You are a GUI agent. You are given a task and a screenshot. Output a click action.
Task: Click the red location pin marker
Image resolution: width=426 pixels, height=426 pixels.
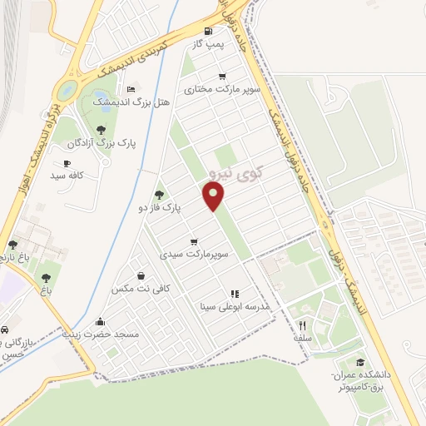[x=215, y=196]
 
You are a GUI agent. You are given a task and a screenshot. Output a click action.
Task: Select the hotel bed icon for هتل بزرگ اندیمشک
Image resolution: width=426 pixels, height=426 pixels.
[x=131, y=88]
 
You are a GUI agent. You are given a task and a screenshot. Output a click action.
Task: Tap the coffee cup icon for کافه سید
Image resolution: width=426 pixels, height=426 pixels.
[x=67, y=164]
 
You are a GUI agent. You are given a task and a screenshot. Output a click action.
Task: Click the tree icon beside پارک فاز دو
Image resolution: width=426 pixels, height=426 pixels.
[x=159, y=194]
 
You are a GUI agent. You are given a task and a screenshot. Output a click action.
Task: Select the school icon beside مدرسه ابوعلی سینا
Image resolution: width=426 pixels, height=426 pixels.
[x=234, y=294]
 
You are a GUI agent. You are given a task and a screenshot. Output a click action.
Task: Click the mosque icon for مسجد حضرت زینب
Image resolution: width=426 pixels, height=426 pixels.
[x=101, y=322]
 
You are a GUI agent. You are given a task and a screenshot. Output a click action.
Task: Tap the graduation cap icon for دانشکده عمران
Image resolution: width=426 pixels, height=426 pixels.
[x=360, y=362]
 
